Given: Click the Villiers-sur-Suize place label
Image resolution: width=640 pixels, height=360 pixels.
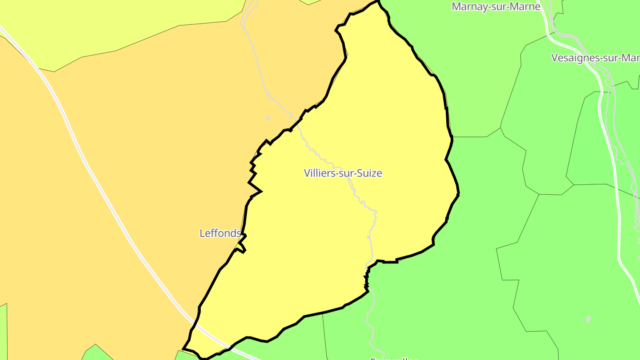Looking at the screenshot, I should (x=343, y=173).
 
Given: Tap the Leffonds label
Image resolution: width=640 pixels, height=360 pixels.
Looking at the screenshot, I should (x=220, y=233).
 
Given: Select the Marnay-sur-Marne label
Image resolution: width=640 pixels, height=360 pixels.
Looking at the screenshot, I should (x=496, y=6).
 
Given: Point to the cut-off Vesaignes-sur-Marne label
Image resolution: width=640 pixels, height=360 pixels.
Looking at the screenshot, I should (x=595, y=58).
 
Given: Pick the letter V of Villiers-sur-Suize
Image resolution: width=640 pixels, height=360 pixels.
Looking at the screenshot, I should (x=307, y=173).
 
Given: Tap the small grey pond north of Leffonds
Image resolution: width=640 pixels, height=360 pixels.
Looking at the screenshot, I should (x=267, y=118).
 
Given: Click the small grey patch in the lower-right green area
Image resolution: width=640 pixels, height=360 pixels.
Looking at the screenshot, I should (x=588, y=319).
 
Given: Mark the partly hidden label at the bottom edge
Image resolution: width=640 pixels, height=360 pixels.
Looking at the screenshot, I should (x=394, y=358).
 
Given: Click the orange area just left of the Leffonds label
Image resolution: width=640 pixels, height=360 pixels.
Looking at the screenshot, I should (x=178, y=233).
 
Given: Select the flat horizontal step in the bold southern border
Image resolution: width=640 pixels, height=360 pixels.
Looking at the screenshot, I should (x=390, y=262).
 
